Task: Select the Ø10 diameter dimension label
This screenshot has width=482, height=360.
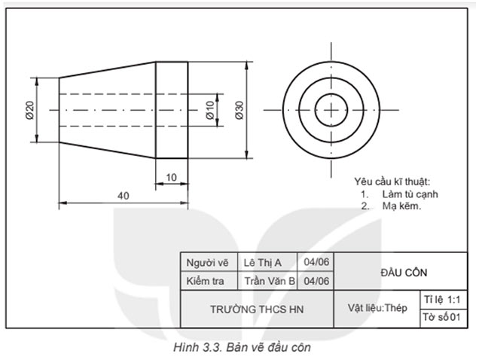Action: click(x=210, y=111)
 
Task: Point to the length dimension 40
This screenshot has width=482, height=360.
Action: click(x=124, y=196)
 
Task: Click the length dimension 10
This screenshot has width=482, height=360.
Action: click(x=172, y=177)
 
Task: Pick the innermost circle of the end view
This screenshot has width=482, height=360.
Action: click(x=330, y=110)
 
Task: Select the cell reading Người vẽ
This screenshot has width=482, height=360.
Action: click(x=206, y=263)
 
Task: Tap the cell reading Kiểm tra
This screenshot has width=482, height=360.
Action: click(x=206, y=281)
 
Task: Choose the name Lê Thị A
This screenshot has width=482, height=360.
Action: click(x=263, y=263)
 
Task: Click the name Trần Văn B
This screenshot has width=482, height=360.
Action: click(x=269, y=281)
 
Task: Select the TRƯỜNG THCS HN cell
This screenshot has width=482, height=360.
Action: click(x=256, y=309)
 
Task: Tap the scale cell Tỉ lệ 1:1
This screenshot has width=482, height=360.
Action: click(x=441, y=299)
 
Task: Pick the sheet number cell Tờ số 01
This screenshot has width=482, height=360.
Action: click(x=441, y=318)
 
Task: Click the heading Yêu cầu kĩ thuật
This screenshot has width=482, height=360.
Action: click(x=392, y=182)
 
